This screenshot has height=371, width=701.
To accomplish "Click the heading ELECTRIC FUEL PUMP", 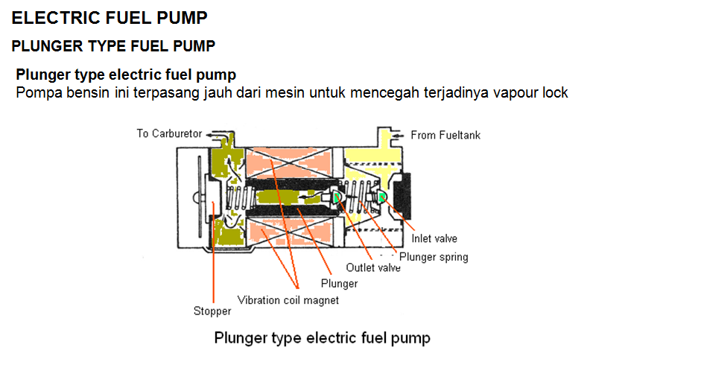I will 110,17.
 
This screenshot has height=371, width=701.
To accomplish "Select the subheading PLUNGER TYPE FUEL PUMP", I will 113,46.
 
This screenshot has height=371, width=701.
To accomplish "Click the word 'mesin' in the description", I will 337,93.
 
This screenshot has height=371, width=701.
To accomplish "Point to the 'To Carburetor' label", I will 169,133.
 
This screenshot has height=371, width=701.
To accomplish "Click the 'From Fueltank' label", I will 445,136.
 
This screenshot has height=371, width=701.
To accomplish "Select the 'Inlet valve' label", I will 434,239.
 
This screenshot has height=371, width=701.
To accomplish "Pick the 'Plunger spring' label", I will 434,257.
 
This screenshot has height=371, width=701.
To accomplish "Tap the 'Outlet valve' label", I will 373,267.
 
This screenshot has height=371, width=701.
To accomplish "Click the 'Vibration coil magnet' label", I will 288,300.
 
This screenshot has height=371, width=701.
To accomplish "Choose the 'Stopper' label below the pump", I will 212,311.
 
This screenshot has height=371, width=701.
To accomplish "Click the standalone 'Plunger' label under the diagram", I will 339,284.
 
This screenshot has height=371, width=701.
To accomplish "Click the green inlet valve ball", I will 382,197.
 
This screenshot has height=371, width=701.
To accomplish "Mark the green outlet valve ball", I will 337,197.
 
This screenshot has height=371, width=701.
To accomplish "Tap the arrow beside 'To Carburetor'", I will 215,135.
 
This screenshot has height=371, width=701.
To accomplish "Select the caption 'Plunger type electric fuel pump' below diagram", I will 322,338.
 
